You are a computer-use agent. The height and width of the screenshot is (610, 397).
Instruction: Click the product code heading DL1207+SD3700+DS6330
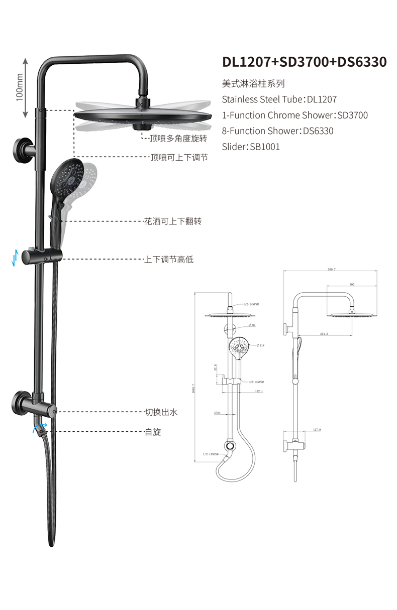tap(305, 62)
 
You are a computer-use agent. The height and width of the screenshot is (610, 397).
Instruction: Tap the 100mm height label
tap(20, 88)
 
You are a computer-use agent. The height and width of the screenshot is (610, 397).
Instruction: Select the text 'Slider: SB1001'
tap(251, 147)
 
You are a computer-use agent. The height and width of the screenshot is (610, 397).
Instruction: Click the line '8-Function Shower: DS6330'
tap(277, 131)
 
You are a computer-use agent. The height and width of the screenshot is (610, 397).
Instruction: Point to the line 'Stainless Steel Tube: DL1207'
tap(279, 99)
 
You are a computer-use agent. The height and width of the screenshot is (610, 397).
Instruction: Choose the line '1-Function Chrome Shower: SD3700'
tap(295, 115)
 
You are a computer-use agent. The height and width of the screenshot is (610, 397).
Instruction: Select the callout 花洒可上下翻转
tap(173, 221)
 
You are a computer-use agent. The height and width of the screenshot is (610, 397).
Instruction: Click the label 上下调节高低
tap(169, 260)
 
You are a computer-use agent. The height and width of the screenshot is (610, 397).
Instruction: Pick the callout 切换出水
tap(161, 412)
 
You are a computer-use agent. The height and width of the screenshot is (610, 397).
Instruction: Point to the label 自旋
tap(153, 432)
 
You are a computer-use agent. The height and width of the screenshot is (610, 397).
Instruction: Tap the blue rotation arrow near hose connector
tap(39, 428)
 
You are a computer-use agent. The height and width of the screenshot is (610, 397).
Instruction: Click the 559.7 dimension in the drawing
tap(331, 270)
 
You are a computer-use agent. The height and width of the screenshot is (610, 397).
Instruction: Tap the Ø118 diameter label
tap(262, 345)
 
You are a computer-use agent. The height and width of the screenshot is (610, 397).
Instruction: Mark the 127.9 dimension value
tap(317, 430)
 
